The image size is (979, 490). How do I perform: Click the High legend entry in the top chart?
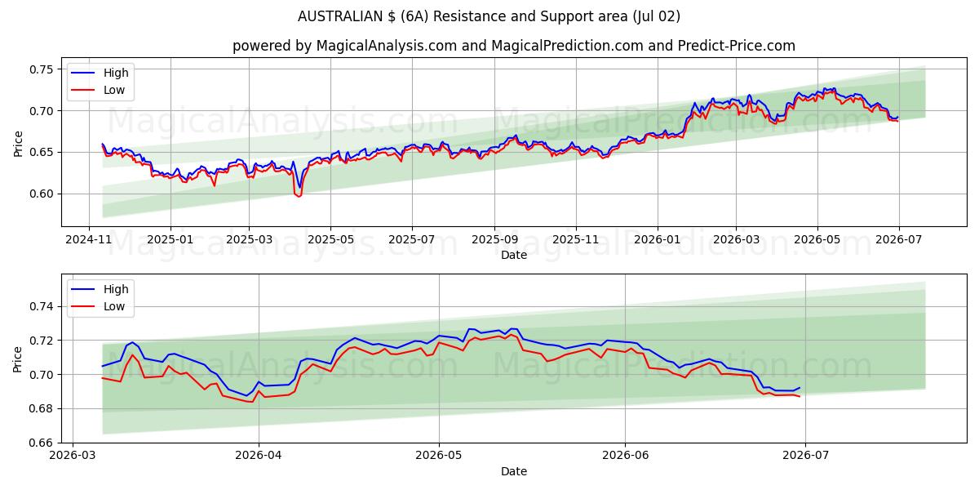(x=100, y=73)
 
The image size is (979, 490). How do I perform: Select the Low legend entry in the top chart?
(x=98, y=90)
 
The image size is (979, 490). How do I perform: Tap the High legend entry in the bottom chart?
(x=100, y=289)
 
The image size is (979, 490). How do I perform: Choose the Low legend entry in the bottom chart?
(x=98, y=307)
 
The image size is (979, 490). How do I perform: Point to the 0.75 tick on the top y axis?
(x=42, y=69)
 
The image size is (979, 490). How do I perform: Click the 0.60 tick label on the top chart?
(x=42, y=194)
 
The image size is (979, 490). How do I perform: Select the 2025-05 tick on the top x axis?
(x=331, y=240)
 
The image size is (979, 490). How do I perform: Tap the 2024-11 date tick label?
(x=89, y=240)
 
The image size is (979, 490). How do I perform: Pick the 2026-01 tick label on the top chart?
(x=658, y=240)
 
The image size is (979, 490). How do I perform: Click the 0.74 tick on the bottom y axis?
(x=42, y=307)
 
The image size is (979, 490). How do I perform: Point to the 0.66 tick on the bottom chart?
(x=42, y=443)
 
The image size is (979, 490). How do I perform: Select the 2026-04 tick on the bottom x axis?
(x=259, y=456)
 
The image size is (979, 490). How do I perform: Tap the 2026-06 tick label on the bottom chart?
(x=626, y=456)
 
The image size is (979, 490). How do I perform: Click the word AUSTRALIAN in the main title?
(x=340, y=16)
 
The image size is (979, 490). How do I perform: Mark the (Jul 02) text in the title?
(x=656, y=16)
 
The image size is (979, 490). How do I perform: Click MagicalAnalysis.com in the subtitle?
(x=387, y=46)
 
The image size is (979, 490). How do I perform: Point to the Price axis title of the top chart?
(x=18, y=144)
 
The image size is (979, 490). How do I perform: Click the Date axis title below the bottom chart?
(x=514, y=472)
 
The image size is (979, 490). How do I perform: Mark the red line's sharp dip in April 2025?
(x=299, y=196)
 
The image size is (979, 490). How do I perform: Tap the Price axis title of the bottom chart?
(x=18, y=359)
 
